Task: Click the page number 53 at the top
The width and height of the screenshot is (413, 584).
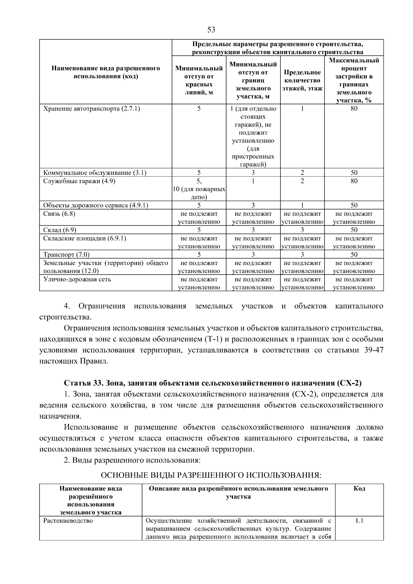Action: click(211, 30)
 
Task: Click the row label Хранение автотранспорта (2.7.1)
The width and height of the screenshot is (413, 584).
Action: click(92, 109)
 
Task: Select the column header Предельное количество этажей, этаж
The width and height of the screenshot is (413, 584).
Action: click(302, 81)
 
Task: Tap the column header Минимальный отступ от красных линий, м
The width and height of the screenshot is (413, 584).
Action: click(199, 81)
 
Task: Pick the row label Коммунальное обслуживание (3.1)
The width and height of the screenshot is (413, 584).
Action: click(95, 173)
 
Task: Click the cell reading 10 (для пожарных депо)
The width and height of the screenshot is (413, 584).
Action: click(199, 193)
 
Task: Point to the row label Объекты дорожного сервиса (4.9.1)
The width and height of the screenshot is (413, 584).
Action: click(96, 205)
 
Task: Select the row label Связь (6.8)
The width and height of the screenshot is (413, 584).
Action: click(59, 214)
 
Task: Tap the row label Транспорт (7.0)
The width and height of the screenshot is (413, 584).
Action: click(66, 255)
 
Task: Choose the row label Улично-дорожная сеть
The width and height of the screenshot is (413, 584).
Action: click(77, 279)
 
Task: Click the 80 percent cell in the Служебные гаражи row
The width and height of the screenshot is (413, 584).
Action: click(354, 181)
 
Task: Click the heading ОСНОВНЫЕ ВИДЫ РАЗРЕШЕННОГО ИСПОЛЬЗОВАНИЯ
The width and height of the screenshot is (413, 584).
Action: click(211, 475)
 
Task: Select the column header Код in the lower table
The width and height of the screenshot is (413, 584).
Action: click(359, 488)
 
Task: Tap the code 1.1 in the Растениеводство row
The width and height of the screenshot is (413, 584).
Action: click(359, 521)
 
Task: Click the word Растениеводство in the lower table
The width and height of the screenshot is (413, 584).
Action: click(68, 521)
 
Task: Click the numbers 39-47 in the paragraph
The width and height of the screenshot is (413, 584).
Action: click(373, 350)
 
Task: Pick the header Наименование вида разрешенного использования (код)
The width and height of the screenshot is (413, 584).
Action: click(106, 72)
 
